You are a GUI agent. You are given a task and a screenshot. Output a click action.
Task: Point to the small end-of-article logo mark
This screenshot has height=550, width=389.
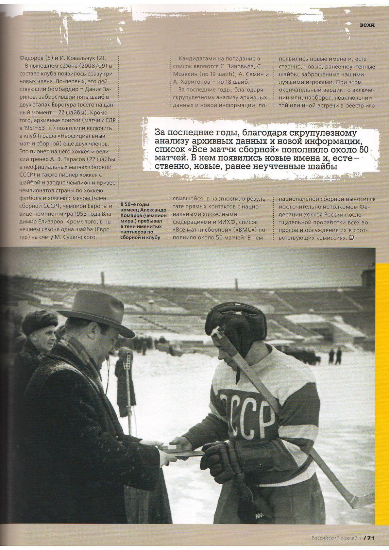(x=352, y=238)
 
